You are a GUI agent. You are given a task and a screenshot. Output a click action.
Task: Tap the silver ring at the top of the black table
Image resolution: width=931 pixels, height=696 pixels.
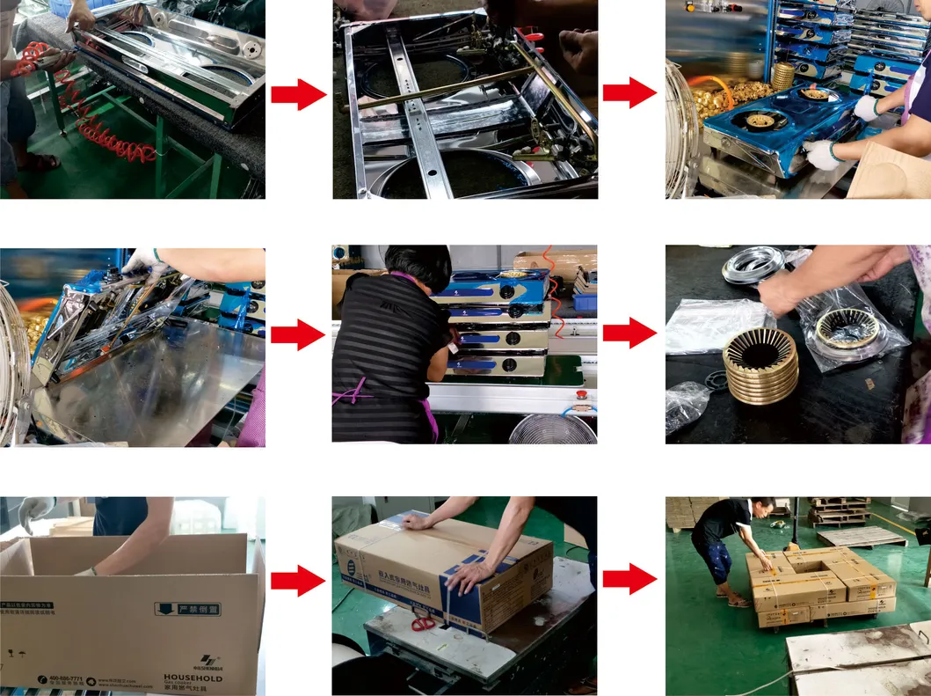click(x=753, y=263)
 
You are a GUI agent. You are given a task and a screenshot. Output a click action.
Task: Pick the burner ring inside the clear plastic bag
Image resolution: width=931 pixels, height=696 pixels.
click(x=846, y=328)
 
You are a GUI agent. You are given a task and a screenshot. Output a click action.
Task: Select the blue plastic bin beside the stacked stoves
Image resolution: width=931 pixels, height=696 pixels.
click(x=584, y=303)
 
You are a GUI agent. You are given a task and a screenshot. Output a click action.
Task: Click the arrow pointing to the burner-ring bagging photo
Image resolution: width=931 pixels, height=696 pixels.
click(x=629, y=333)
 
